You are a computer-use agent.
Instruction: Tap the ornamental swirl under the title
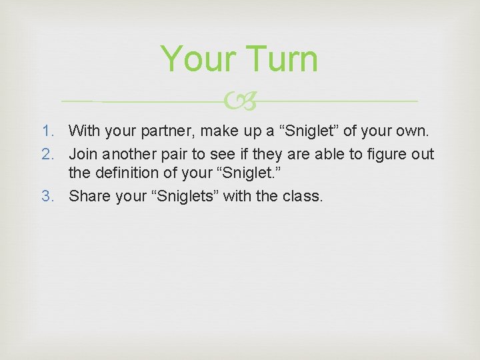click(x=239, y=101)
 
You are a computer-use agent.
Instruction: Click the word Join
click(x=83, y=155)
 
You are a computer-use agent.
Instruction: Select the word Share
click(x=89, y=196)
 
